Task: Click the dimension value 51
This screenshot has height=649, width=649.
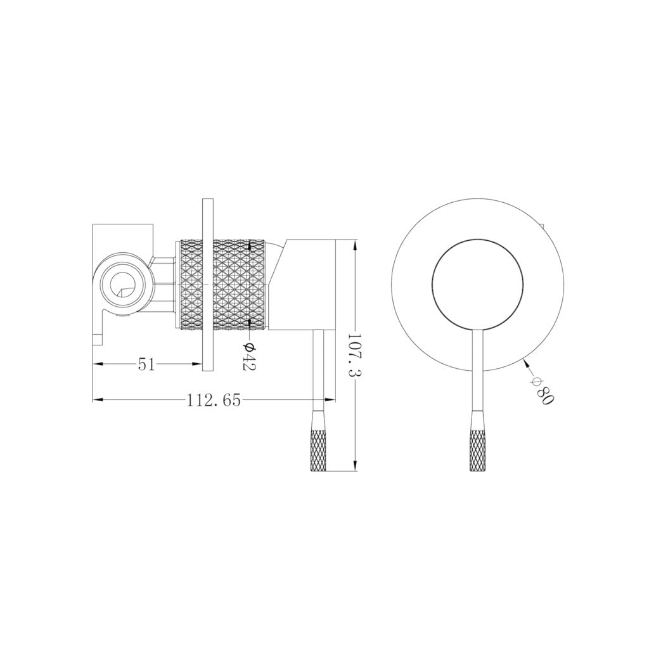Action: pos(146,364)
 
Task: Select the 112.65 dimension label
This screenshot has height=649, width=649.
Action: pos(214,401)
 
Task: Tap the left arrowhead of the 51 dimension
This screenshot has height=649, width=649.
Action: pos(97,364)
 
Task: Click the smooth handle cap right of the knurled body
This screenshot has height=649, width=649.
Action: pos(303,285)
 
